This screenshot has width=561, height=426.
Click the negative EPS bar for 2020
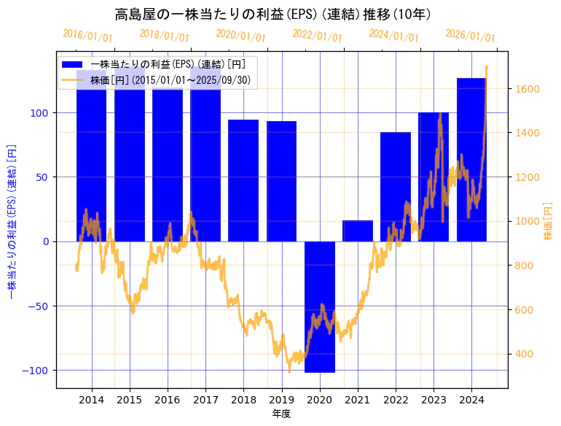click(320, 306)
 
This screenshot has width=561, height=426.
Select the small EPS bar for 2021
click(358, 231)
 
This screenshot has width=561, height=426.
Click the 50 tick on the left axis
click(44, 177)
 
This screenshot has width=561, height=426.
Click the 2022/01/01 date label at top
click(317, 36)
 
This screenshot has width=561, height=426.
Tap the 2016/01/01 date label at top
click(87, 36)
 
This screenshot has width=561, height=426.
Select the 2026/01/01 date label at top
click(470, 36)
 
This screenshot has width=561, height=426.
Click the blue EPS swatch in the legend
click(74, 64)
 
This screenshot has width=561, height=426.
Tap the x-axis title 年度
click(281, 414)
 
